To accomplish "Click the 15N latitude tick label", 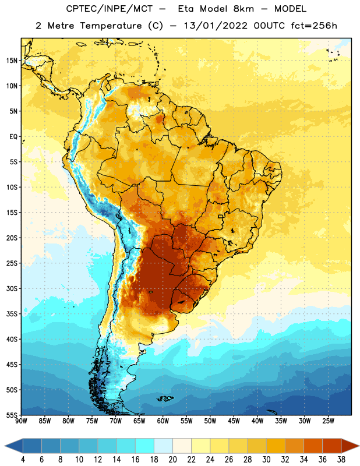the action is click(12, 61).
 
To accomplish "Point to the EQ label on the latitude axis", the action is click(13, 137).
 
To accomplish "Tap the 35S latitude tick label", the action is click(12, 314).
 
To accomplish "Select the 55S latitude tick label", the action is click(12, 415).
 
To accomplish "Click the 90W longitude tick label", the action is click(21, 421).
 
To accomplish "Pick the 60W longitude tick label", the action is click(163, 421).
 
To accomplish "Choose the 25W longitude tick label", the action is click(328, 421).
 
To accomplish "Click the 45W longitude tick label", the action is click(234, 421).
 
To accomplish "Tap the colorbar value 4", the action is click(23, 460).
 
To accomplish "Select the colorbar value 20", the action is click(172, 460).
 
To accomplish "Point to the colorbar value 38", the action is click(341, 460).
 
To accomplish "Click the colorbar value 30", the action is click(266, 460).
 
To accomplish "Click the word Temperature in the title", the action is click(111, 26).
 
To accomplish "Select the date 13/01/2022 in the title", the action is click(216, 26).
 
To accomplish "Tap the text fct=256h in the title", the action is click(314, 26).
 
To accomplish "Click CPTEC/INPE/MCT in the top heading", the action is click(110, 9).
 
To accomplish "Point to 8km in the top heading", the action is click(243, 9).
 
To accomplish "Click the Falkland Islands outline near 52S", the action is click(165, 398).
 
